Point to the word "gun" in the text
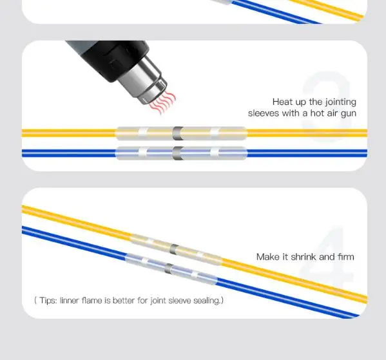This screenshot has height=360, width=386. click(x=349, y=114)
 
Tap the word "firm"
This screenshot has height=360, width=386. click(x=346, y=257)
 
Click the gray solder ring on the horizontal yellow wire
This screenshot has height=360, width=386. click(x=178, y=133)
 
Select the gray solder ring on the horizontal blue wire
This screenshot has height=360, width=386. click(x=178, y=153)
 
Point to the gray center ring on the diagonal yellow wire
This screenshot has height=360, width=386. click(x=174, y=250)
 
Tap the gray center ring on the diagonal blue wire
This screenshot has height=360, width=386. click(x=169, y=269)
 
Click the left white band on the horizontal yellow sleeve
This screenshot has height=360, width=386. click(x=143, y=133)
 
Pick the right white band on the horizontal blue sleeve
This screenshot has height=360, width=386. click(x=215, y=153)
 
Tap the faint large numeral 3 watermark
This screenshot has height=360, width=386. click(x=326, y=106)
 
